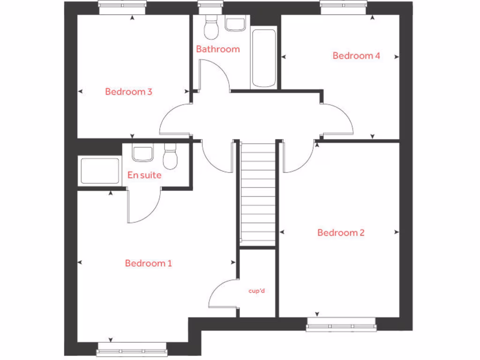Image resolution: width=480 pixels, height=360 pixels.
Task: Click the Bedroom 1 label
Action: [148, 263]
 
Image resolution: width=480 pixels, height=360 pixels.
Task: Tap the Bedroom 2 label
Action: [341, 233]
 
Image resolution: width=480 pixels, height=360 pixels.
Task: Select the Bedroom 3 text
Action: [128, 92]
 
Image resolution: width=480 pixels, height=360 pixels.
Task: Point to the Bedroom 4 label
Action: [356, 56]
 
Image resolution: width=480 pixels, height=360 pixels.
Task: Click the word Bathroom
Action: [217, 49]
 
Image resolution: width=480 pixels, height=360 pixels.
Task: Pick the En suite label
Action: [144, 175]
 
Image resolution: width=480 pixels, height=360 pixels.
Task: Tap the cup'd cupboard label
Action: [257, 291]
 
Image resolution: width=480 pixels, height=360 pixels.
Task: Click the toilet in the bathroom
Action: [211, 28]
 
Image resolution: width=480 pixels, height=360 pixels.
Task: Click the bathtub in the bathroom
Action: [263, 59]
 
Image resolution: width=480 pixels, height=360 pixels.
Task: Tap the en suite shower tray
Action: [100, 171]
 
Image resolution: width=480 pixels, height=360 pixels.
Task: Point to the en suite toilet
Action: [170, 157]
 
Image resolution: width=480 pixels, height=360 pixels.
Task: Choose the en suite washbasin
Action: [142, 153]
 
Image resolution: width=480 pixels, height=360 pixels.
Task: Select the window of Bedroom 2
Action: [341, 324]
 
